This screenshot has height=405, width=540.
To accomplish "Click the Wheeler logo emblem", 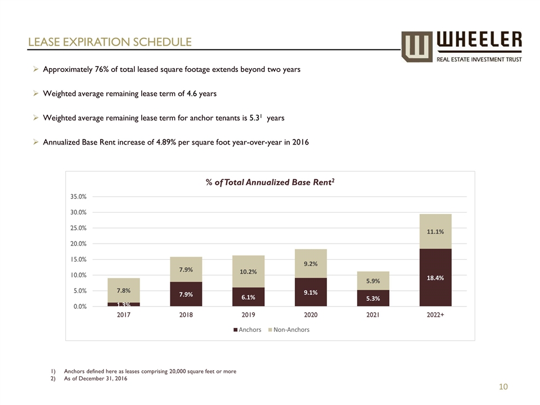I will pos(416,46).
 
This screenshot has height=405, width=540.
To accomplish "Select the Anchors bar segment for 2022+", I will pos(435,277).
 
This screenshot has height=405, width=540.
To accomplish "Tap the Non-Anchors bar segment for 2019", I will pos(248,271).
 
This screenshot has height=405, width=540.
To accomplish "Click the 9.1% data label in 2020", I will pos(310,292).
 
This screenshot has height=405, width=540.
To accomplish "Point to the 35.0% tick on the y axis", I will pos(78,197).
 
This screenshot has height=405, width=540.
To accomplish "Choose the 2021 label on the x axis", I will pos(372,315).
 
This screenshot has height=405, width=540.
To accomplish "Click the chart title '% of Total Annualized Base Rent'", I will pos(270,182).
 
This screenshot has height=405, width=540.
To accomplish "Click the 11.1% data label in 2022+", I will pos(435,231).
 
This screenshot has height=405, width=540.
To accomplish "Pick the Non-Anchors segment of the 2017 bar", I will pos(124,290).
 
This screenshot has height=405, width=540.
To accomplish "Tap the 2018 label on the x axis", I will pos(186,315).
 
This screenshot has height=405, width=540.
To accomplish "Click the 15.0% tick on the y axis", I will pos(78,259).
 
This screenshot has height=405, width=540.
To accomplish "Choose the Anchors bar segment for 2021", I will pos(372,298).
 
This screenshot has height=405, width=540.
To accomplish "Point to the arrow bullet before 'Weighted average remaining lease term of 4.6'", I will pos(35,94).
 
